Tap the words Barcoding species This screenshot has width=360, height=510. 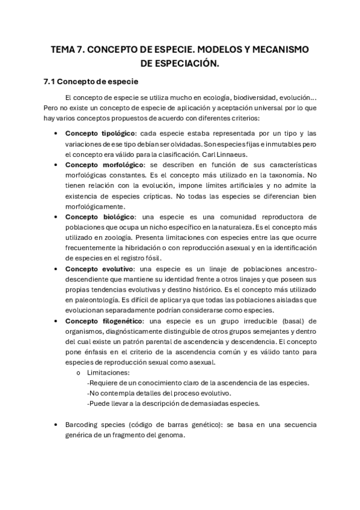94,425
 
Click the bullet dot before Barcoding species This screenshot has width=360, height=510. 56,425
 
